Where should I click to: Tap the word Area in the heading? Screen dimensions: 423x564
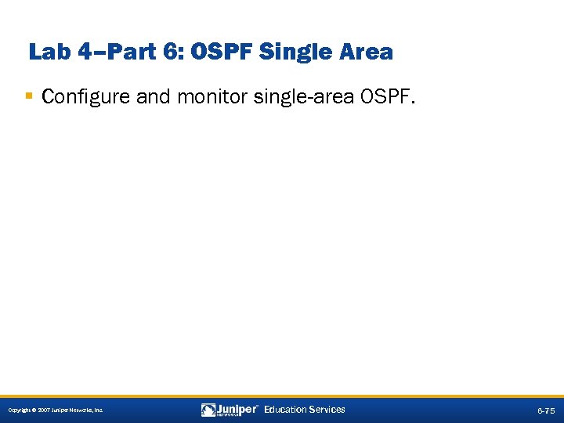364,52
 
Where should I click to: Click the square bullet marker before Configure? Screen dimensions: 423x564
29,96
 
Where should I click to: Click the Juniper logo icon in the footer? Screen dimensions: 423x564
208,410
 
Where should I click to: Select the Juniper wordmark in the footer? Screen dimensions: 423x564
237,409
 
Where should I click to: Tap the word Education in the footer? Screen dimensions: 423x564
287,409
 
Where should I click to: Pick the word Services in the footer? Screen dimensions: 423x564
327,409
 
